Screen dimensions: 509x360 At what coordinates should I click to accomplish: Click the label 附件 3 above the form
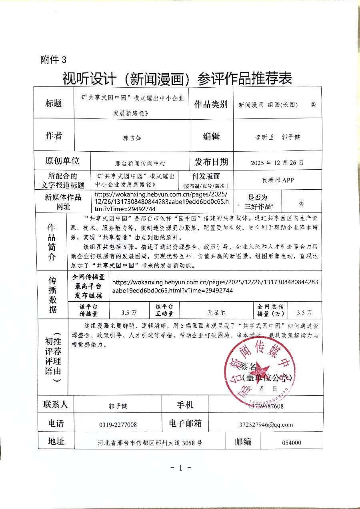53,60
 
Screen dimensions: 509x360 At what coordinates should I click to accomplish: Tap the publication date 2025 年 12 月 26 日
277,163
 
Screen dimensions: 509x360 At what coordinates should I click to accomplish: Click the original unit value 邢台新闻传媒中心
140,163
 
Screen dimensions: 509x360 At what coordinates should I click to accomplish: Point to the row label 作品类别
211,105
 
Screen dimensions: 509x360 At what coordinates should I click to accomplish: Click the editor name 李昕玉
264,137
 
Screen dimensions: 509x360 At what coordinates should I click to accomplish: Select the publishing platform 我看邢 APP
278,180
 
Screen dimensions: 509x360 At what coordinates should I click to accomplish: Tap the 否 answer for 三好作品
302,203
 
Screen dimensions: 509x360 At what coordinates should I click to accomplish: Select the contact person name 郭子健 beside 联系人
118,406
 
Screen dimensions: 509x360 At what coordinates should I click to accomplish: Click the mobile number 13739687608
266,406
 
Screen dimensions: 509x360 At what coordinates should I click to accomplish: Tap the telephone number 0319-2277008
118,425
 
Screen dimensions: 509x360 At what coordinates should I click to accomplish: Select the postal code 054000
292,443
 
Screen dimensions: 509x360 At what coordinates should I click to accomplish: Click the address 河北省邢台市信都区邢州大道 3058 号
150,443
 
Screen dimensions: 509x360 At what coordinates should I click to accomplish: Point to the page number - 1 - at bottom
180,467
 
